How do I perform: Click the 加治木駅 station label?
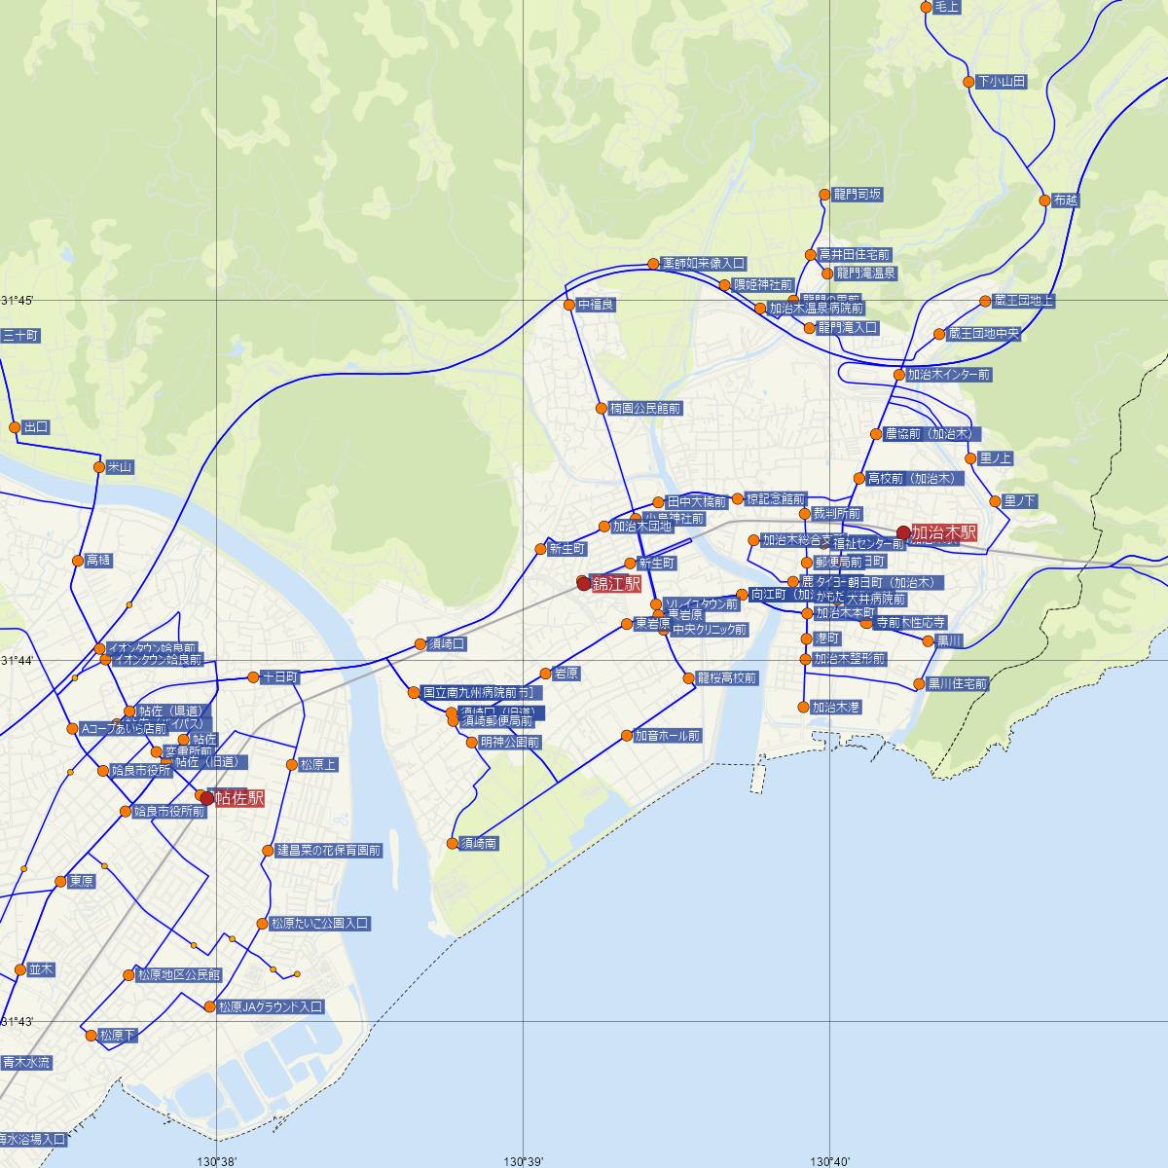(942, 533)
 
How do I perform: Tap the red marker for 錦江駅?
(584, 584)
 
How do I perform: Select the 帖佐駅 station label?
(239, 799)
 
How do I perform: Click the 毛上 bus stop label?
(946, 8)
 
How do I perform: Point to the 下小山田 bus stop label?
(1002, 82)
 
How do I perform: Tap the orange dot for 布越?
(1045, 201)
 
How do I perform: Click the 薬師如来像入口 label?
(703, 263)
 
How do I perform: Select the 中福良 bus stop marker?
(570, 305)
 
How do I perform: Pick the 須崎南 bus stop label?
(479, 844)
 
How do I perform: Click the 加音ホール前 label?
(668, 737)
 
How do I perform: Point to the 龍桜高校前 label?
(726, 678)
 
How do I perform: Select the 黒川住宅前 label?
(957, 684)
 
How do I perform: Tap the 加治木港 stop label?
(836, 708)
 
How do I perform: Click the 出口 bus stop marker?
(15, 427)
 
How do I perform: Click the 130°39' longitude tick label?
(524, 1160)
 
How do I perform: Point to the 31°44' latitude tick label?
(18, 661)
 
